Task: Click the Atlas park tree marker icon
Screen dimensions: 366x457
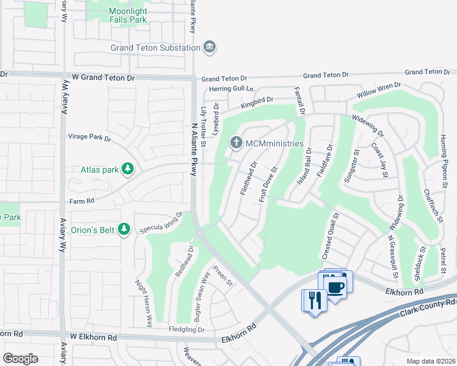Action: point(127,168)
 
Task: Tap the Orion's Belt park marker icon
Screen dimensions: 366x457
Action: point(124,229)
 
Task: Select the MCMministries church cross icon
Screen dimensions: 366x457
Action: point(236,143)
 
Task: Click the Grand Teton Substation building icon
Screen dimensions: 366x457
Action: point(210,47)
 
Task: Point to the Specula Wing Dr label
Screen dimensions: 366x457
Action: point(161,223)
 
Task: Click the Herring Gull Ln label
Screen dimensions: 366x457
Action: point(231,88)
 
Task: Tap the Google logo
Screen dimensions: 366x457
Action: point(20,359)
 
